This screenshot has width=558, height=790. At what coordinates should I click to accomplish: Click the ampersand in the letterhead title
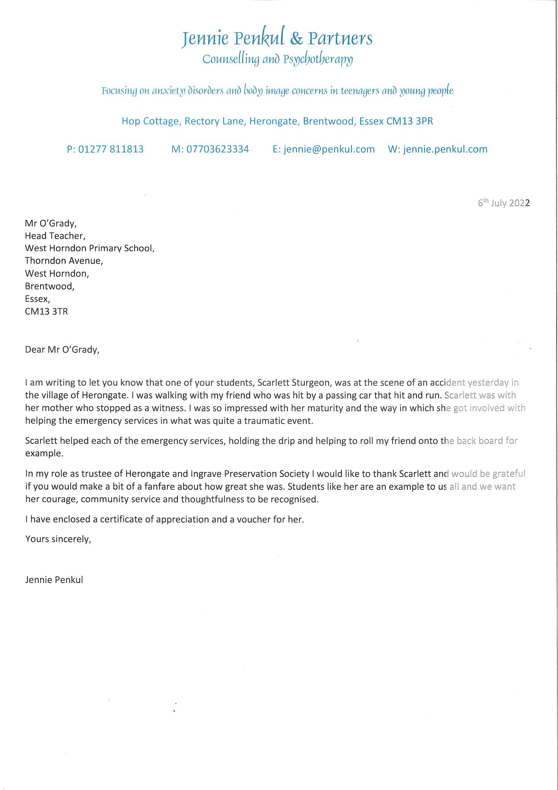click(x=296, y=39)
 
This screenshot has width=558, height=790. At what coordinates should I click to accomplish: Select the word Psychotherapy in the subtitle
click(x=318, y=59)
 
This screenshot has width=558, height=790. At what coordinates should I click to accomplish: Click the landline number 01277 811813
click(x=111, y=149)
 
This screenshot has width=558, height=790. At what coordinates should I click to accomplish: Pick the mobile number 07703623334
click(x=217, y=149)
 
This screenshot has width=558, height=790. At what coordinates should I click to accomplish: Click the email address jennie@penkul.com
click(x=329, y=149)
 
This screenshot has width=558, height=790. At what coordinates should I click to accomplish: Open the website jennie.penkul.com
click(x=445, y=149)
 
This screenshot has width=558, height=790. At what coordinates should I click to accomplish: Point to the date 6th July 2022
click(x=503, y=203)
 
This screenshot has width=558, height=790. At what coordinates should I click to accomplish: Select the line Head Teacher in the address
click(x=55, y=236)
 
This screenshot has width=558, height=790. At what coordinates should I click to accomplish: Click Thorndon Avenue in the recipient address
click(x=64, y=261)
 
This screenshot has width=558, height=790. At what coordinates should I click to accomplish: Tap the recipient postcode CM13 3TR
click(x=46, y=312)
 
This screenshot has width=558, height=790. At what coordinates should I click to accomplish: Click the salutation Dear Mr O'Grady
click(x=62, y=350)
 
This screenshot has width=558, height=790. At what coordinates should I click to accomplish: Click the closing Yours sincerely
click(x=58, y=539)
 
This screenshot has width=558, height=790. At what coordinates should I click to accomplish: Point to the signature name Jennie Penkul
click(x=54, y=580)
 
